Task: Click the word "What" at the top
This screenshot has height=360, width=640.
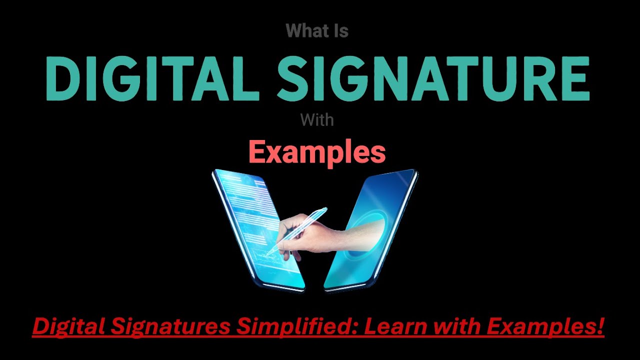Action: click(301, 31)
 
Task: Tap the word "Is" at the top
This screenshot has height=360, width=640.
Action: click(339, 31)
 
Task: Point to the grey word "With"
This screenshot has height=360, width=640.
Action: click(317, 120)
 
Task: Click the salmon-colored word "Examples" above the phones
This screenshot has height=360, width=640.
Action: click(317, 152)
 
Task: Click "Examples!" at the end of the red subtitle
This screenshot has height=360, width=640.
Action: click(545, 327)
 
